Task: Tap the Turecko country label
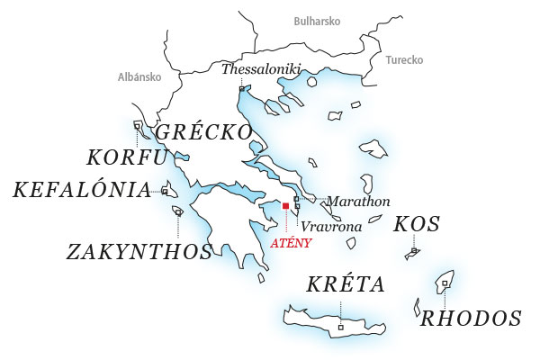[x=404, y=60]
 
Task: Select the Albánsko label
[x=139, y=77]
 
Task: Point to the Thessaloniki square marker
[x=241, y=88]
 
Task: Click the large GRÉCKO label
[x=204, y=132]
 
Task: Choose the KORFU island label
[x=127, y=158]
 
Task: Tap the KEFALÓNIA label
[x=81, y=190]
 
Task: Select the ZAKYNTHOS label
[x=139, y=251]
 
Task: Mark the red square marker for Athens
[x=285, y=206]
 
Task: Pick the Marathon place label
[x=358, y=201]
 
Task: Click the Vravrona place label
[x=331, y=227]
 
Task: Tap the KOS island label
[x=417, y=224]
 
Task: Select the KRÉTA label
[x=346, y=285]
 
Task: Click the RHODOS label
[x=472, y=318]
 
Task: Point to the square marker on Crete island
[x=340, y=327]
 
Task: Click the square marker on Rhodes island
[x=445, y=283]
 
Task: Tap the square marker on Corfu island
[x=137, y=125]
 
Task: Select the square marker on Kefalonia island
[x=165, y=191]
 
